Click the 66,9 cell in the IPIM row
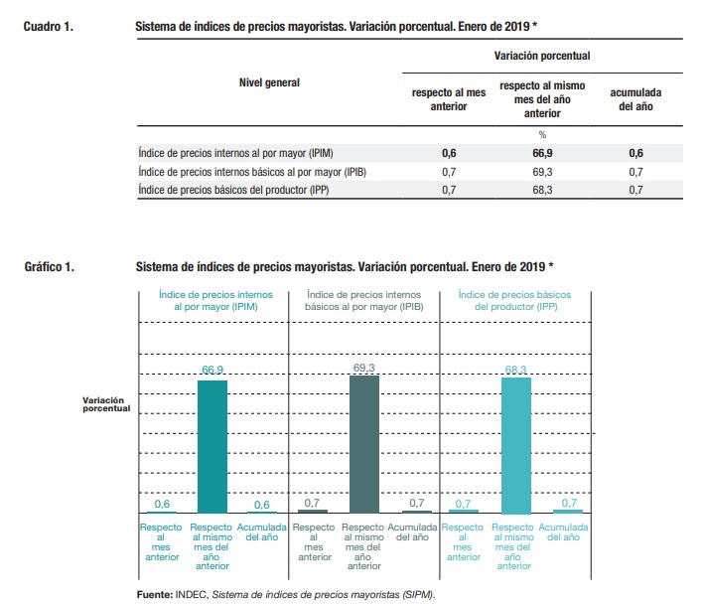542,154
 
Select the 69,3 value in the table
542,172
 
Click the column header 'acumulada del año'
634,99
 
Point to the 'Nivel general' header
269,82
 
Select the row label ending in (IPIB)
251,172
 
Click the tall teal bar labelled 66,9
212,445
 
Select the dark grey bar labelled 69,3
364,443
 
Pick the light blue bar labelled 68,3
515,444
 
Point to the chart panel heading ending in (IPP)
514,301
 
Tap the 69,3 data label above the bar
364,368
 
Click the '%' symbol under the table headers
542,134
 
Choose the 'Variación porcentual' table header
542,57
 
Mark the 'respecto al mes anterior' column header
449,99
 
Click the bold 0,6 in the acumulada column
634,154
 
